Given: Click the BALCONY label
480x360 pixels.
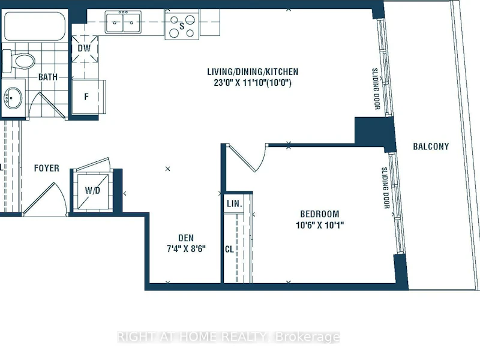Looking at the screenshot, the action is pos(431,146).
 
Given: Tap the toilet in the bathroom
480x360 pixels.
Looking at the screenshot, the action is pos(19,61).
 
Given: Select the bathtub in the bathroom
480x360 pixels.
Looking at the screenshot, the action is pos(35,26).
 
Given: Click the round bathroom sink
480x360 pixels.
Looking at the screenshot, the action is pos(13,98).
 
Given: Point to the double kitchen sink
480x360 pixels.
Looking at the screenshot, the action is pos(123,22).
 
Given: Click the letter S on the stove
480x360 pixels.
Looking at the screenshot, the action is pos(182,26).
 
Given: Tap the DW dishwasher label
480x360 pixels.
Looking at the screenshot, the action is pos(84,49).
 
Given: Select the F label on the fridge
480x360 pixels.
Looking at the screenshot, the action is pos(86,97).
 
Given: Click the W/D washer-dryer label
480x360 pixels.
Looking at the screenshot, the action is pos(92,190).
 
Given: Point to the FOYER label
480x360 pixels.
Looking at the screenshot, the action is pos(47,168).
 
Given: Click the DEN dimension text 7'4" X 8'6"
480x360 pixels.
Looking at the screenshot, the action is pos(186,248).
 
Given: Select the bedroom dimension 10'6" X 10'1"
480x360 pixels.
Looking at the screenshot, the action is pos(320,225).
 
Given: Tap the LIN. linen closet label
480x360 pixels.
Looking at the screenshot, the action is pos(235,203).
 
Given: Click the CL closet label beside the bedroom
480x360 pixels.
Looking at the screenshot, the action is pos(229,249).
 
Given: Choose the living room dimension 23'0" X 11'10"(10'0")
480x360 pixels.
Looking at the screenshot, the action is pos(253,83).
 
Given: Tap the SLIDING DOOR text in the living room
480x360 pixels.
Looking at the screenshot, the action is pos(376,89).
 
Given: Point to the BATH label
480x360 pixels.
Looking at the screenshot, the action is pos(48,77).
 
